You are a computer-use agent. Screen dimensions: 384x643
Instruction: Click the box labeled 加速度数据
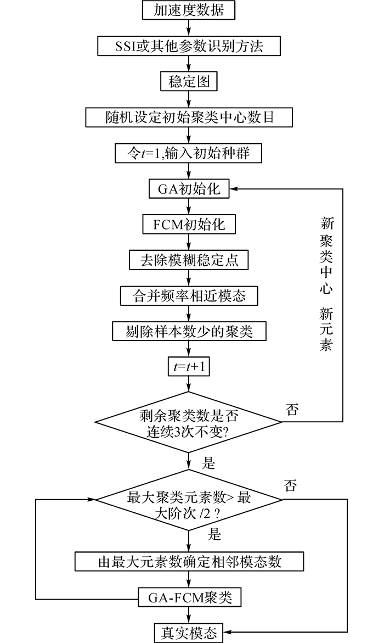pos(189,10)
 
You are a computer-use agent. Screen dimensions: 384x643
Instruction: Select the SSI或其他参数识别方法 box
pos(189,46)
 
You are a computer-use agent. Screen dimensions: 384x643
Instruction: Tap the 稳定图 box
pos(189,81)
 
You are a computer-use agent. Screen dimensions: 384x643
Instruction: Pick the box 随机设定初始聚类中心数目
pos(189,118)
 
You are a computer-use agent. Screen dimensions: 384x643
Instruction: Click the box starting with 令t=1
pos(189,153)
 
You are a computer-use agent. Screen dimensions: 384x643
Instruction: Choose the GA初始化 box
pos(189,189)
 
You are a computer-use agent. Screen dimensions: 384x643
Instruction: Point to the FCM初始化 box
pos(189,225)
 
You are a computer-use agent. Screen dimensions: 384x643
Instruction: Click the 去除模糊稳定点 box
pos(189,260)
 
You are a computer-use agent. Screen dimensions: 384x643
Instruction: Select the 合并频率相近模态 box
pos(189,295)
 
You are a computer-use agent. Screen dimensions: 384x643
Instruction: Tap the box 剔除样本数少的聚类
pos(189,331)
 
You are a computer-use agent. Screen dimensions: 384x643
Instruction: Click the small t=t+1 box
pos(189,367)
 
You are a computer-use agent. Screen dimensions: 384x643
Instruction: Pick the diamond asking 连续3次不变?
pos(189,422)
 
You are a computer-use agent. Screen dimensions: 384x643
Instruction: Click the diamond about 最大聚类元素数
pos(189,500)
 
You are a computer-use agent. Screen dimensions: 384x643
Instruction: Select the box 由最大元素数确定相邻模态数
pos(189,561)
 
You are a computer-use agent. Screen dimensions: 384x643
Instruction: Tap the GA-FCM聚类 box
pos(189,597)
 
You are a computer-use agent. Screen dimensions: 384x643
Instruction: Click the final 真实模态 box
pos(189,633)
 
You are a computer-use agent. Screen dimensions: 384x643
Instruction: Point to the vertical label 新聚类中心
pos(326,256)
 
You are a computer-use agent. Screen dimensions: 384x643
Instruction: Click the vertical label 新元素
pos(326,329)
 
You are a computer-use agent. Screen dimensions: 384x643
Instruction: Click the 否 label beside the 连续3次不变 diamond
pos(292,410)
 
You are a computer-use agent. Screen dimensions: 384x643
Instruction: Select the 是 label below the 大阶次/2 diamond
pos(214,534)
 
